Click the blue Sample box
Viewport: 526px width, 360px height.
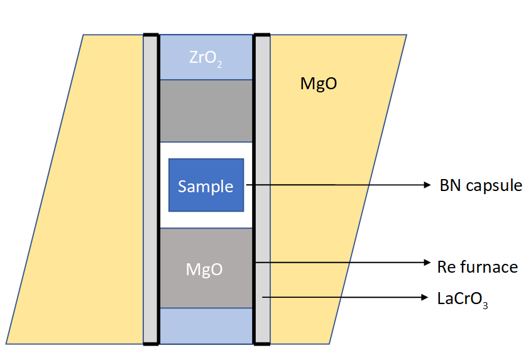tap(205, 185)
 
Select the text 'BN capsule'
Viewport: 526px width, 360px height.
tap(481, 186)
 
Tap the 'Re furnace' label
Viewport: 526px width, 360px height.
tap(478, 266)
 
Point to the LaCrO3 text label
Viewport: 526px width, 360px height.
tap(463, 298)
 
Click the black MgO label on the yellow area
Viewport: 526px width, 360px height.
tap(319, 84)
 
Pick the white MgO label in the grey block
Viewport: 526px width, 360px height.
tap(204, 270)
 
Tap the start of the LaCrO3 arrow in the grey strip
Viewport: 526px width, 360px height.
tap(264, 297)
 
